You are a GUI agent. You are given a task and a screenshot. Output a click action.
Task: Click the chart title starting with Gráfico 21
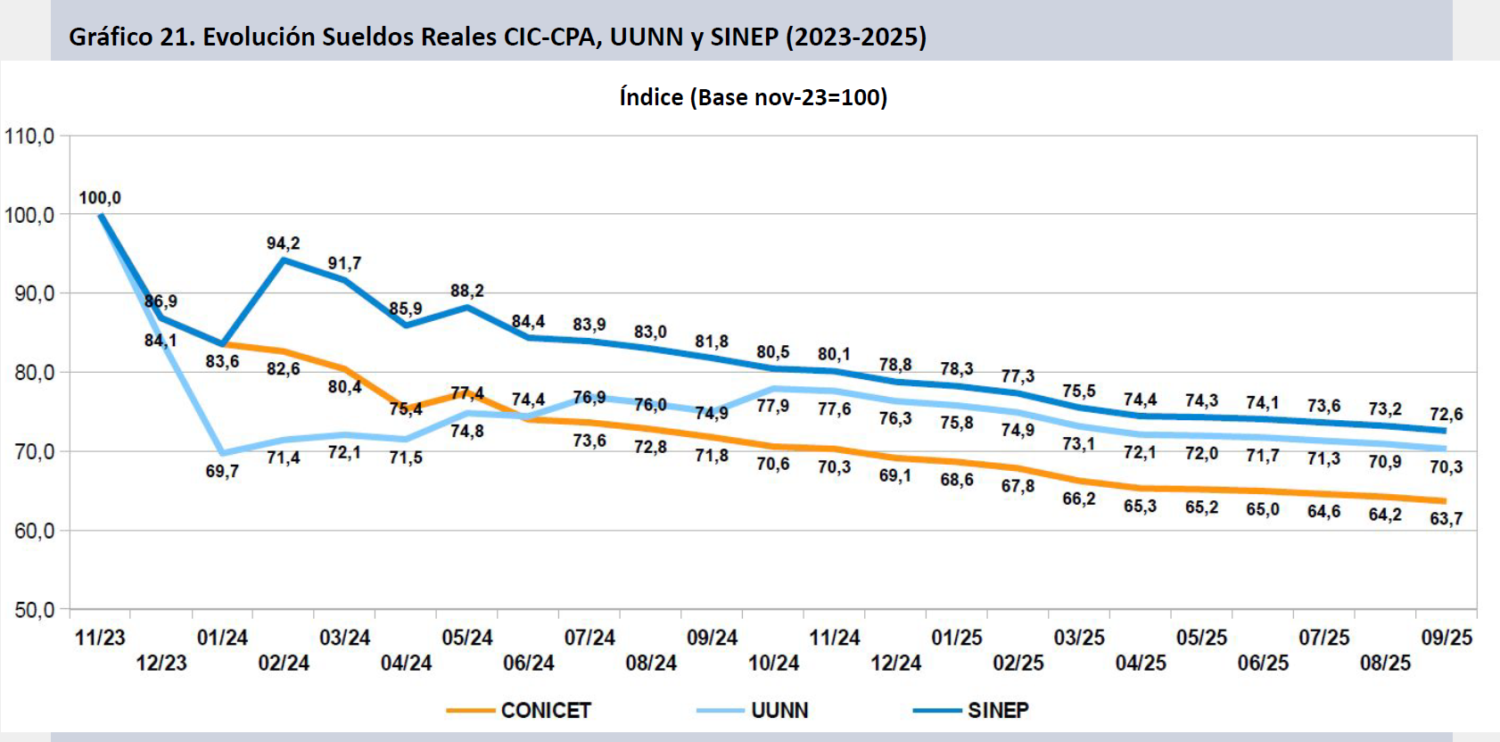[498, 37]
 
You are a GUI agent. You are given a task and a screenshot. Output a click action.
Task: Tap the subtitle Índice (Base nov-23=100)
[753, 97]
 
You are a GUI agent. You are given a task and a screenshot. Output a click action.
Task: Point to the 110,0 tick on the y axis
[29, 136]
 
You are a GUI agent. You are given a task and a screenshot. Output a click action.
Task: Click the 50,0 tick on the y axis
[34, 610]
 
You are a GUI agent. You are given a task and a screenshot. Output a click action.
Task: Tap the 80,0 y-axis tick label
[34, 372]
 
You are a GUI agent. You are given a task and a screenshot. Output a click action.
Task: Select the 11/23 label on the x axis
[100, 638]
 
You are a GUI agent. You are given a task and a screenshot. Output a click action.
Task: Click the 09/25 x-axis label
[1446, 638]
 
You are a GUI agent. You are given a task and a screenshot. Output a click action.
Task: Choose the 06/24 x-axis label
[529, 663]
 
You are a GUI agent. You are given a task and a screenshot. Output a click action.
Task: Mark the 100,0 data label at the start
[100, 198]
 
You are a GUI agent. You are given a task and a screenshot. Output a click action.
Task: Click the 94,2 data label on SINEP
[283, 243]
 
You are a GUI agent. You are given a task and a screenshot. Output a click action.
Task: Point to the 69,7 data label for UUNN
[222, 471]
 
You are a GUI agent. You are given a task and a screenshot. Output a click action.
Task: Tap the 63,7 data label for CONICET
[1446, 518]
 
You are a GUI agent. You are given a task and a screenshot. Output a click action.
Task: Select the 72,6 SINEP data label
[1446, 414]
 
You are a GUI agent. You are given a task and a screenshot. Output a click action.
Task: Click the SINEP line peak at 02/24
[284, 260]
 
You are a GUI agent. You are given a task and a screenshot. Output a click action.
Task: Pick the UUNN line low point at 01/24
[222, 453]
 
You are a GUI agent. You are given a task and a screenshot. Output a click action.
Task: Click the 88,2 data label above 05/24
[466, 291]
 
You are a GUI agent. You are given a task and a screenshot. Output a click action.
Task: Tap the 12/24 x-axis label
[896, 663]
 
